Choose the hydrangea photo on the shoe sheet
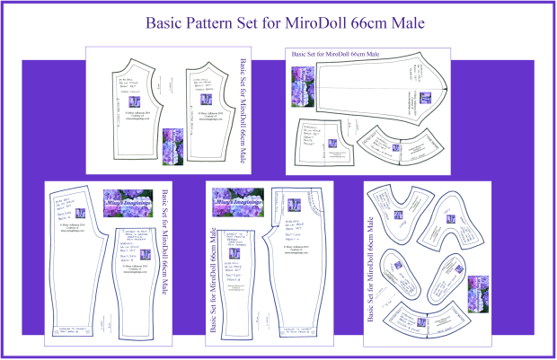tap(475, 294)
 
